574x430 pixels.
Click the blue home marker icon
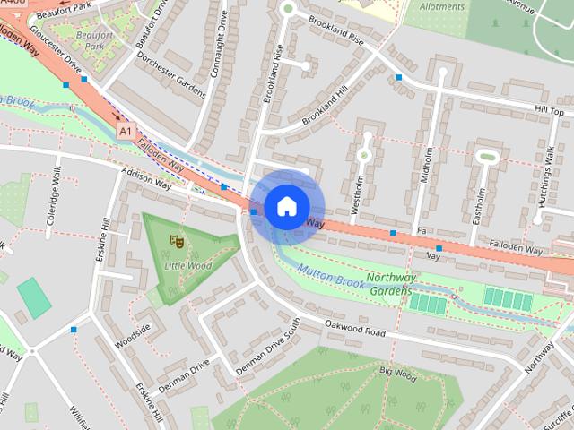285,206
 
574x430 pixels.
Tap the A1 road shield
126,132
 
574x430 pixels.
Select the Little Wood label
187,266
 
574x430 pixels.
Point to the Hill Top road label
549,109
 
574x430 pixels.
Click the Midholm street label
427,165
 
